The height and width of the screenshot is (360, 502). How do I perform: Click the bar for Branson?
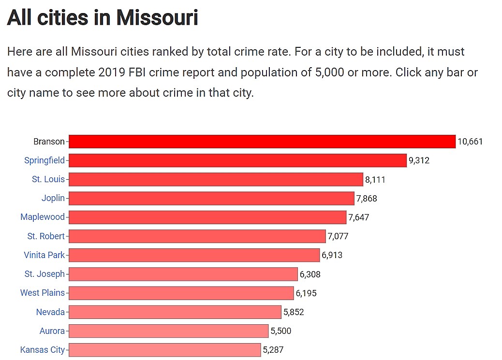coord(262,142)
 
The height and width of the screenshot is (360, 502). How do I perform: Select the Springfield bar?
coord(237,160)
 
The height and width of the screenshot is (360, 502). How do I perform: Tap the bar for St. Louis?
coord(216,179)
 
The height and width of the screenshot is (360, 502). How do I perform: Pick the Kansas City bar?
coord(164,349)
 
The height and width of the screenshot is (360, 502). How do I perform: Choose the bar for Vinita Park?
coord(194,255)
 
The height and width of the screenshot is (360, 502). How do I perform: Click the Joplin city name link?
coord(53,198)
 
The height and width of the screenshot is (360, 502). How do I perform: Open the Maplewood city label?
coord(43,217)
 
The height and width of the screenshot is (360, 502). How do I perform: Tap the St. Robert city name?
coord(46,236)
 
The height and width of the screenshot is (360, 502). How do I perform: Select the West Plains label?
coord(42,293)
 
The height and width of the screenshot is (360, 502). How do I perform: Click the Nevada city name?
coord(50,312)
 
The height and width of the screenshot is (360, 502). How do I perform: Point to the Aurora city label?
coord(52,331)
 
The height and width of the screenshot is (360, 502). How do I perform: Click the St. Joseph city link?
coord(44,274)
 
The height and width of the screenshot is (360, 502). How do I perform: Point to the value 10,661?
coord(470,142)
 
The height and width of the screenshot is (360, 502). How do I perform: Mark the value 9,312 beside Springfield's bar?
coord(419,160)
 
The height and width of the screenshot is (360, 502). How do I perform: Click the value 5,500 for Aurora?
coord(281,331)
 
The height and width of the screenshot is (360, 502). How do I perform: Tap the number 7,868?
coord(367,199)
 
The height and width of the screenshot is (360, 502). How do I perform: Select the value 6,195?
coord(306,293)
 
